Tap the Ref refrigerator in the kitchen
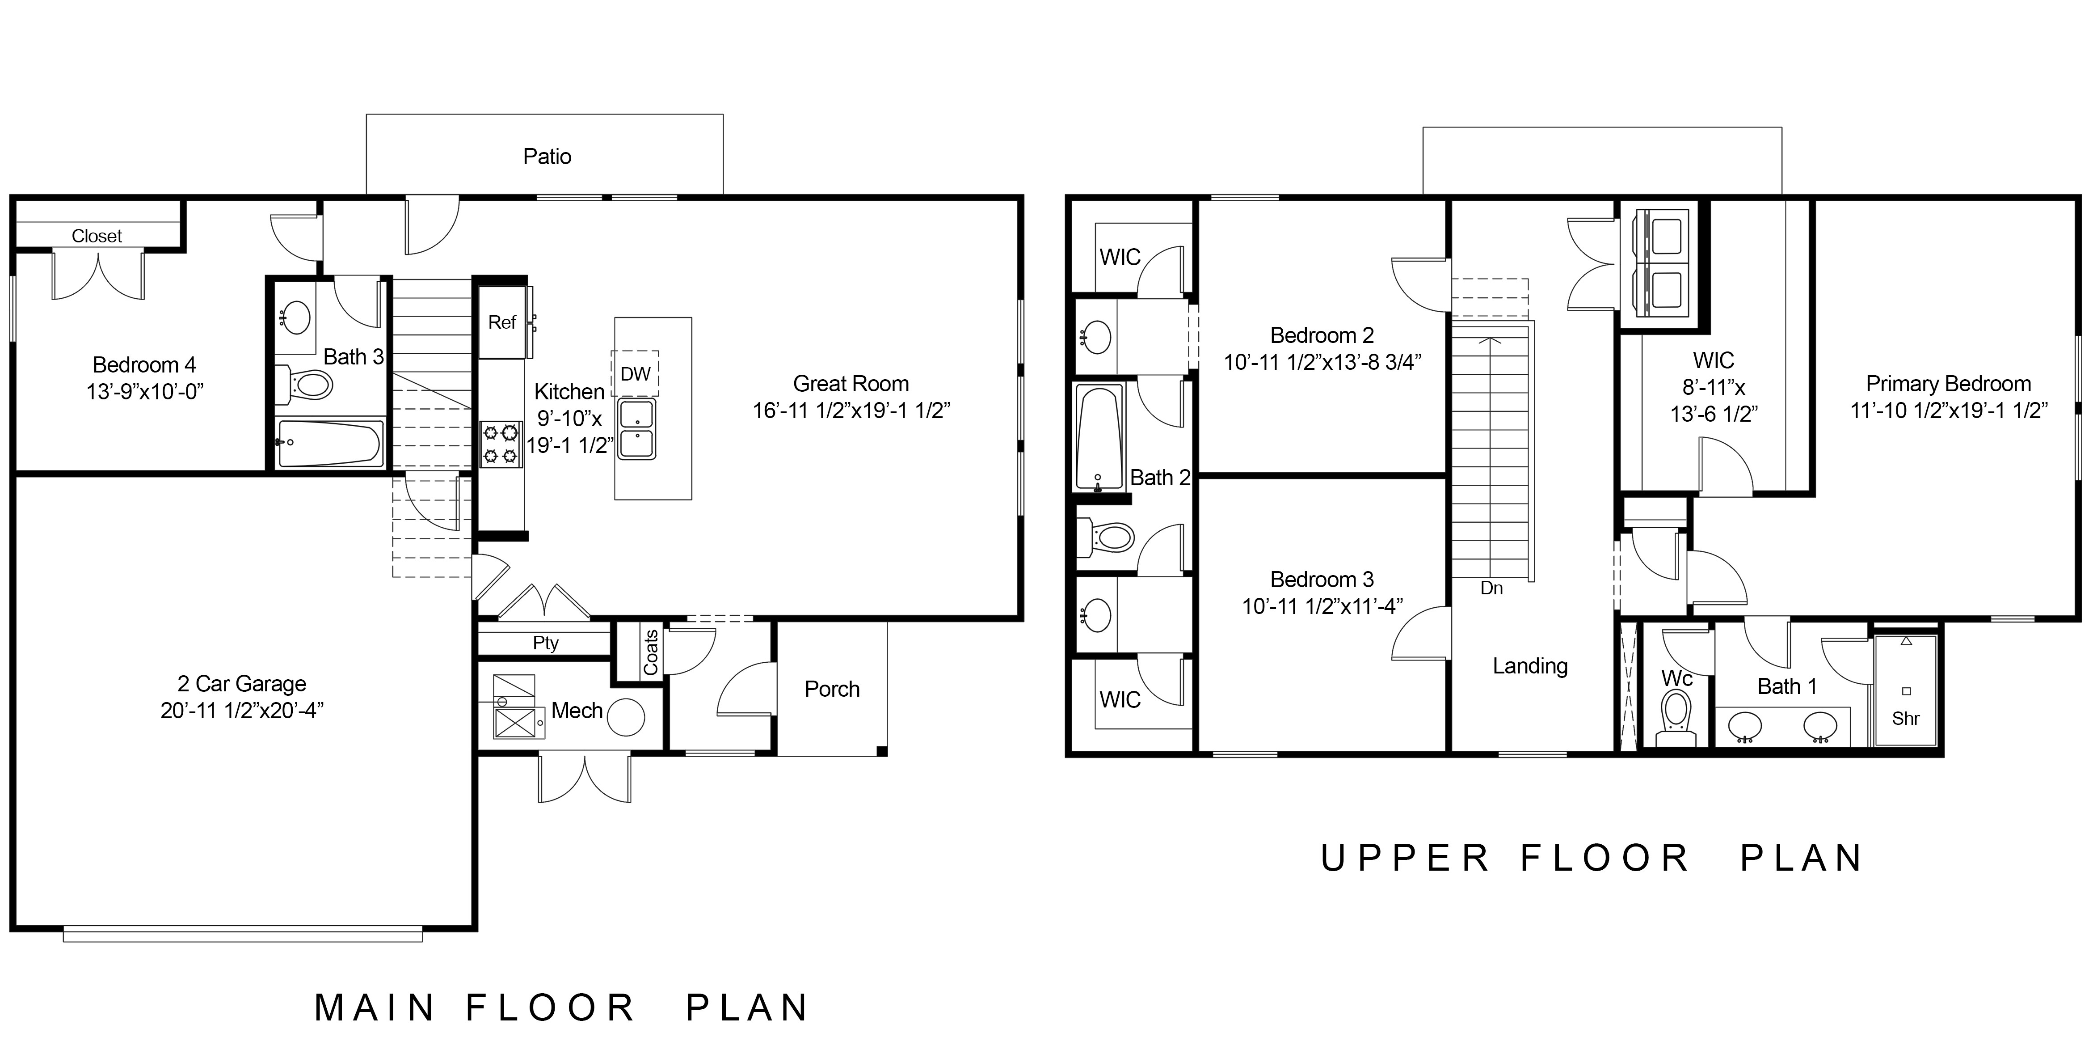pyautogui.click(x=502, y=322)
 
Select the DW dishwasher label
pyautogui.click(x=636, y=374)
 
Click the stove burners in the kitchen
pyautogui.click(x=501, y=444)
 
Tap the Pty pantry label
pyautogui.click(x=546, y=643)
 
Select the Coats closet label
pyautogui.click(x=651, y=652)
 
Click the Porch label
pyautogui.click(x=832, y=689)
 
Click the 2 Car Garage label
pyautogui.click(x=242, y=684)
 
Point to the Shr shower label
pyautogui.click(x=1905, y=718)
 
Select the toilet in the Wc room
pyautogui.click(x=1676, y=718)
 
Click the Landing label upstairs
pyautogui.click(x=1530, y=666)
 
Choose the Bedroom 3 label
pyautogui.click(x=1322, y=580)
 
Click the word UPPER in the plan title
pyautogui.click(x=1406, y=858)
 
